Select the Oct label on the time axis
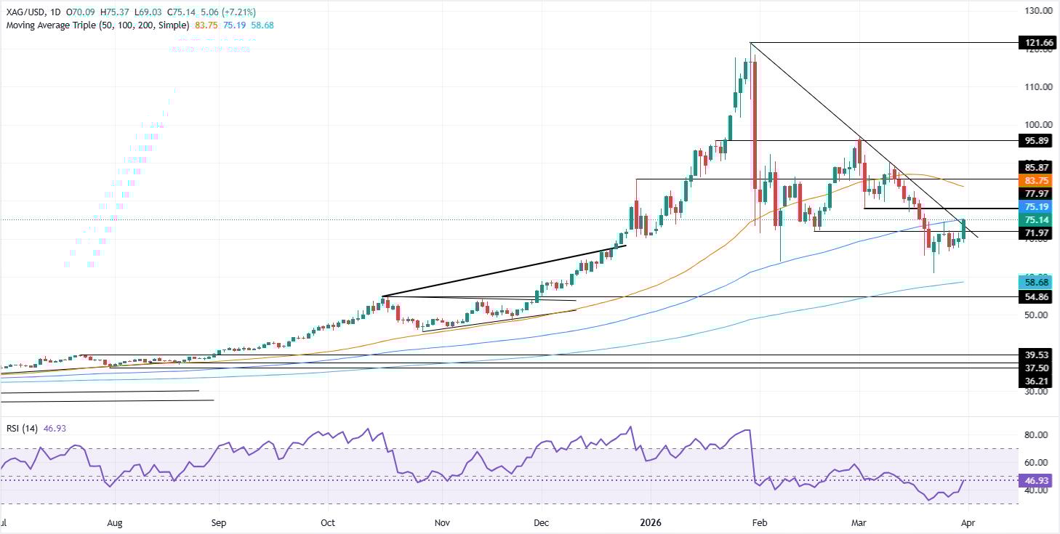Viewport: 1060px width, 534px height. coord(327,522)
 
